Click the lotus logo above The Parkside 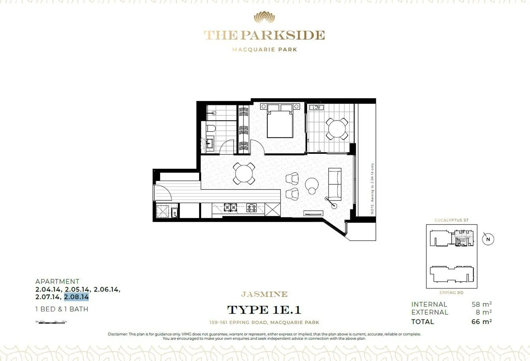pyautogui.click(x=264, y=17)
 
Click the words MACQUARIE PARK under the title pyautogui.click(x=264, y=49)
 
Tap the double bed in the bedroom pyautogui.click(x=280, y=122)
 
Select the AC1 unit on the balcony pyautogui.click(x=316, y=107)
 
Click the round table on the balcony pyautogui.click(x=337, y=129)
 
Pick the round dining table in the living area pyautogui.click(x=244, y=173)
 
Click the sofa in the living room pyautogui.click(x=335, y=184)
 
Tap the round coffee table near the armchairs pyautogui.click(x=312, y=185)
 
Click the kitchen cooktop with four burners pyautogui.click(x=251, y=208)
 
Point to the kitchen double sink pyautogui.click(x=230, y=208)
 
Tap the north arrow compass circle pyautogui.click(x=488, y=239)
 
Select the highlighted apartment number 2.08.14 pyautogui.click(x=76, y=297)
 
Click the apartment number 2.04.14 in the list pyautogui.click(x=48, y=289)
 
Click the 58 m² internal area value pyautogui.click(x=482, y=304)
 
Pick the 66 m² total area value pyautogui.click(x=482, y=322)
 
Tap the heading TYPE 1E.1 pyautogui.click(x=264, y=310)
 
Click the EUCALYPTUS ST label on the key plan pyautogui.click(x=451, y=220)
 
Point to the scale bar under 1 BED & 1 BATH pyautogui.click(x=51, y=322)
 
